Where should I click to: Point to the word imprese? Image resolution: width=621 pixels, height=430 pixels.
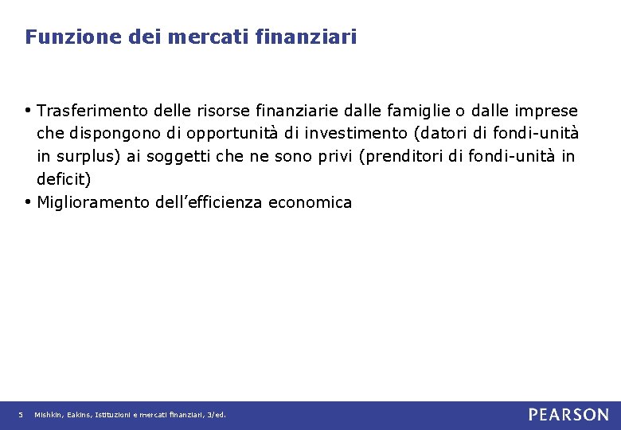[x=549, y=110]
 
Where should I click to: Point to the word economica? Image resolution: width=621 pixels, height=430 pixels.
[x=310, y=202]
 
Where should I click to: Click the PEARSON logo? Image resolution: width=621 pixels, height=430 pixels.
[x=568, y=415]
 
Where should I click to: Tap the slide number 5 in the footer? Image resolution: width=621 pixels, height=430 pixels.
[x=21, y=415]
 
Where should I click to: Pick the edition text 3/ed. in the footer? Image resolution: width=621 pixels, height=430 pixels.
[x=216, y=415]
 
